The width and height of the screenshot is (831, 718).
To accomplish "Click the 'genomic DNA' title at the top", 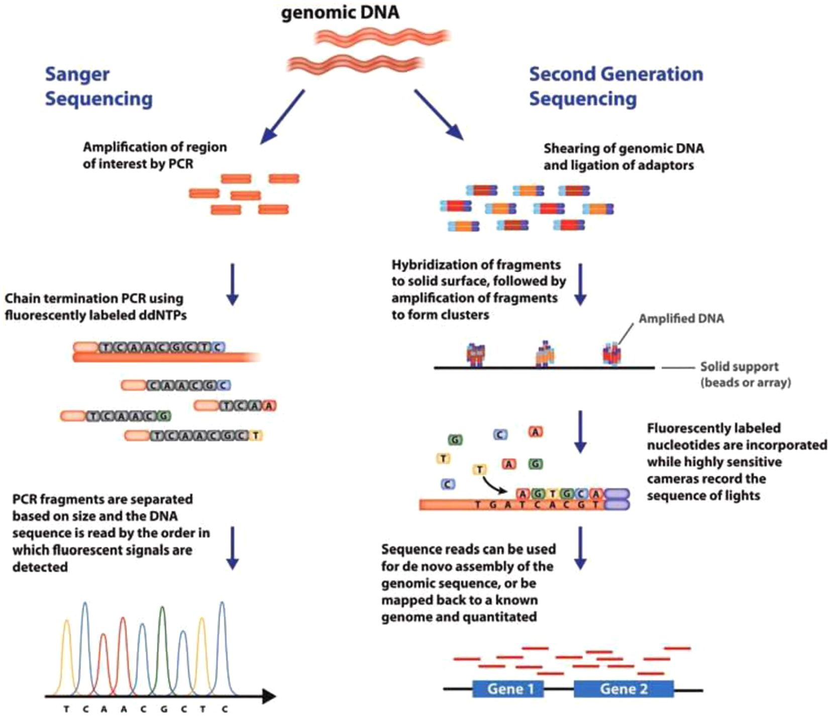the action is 340,13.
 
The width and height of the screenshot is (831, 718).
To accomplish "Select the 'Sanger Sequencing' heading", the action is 99,86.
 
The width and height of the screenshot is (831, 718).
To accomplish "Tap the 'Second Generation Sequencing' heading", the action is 616,86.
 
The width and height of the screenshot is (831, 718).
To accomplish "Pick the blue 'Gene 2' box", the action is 624,688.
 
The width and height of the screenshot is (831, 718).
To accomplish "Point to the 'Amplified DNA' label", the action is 681,319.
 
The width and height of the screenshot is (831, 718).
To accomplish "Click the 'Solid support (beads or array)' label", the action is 746,374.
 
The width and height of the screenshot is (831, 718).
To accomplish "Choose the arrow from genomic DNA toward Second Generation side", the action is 439,115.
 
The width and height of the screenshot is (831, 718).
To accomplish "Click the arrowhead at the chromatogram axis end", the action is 270,696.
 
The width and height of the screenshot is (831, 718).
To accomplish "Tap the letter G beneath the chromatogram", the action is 163,709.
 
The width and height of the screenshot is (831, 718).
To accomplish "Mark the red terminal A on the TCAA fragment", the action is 269,405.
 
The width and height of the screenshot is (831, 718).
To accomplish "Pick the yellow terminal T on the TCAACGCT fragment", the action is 256,435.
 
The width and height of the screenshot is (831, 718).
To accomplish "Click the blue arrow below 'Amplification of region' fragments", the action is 232,284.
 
